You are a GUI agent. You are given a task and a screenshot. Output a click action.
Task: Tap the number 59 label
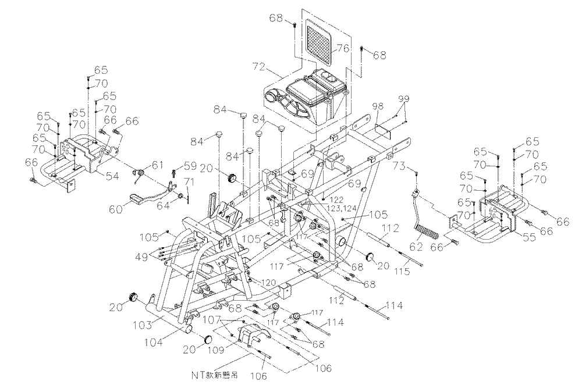click(x=190, y=165)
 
